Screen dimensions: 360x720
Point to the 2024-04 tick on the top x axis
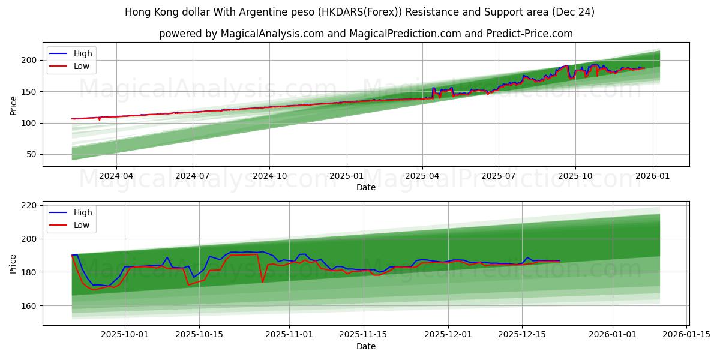click(x=116, y=176)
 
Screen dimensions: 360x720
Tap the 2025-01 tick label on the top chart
click(x=346, y=176)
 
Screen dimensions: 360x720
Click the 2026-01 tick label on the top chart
click(x=652, y=176)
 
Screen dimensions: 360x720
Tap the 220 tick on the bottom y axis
click(x=29, y=205)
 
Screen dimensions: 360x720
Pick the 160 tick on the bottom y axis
click(x=29, y=305)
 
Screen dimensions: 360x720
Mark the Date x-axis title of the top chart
click(x=366, y=187)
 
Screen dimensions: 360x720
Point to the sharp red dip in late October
click(x=262, y=282)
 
